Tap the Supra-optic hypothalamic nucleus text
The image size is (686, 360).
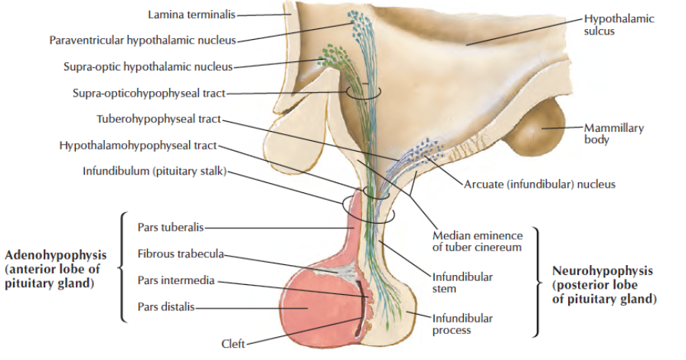(148, 67)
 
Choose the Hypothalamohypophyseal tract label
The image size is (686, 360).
(138, 146)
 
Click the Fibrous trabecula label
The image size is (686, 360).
(181, 254)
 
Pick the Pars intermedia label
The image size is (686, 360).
(175, 280)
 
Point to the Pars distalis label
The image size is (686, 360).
(165, 307)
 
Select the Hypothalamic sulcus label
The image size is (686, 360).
(619, 25)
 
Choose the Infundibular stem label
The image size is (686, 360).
(462, 283)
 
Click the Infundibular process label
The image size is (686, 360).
(462, 324)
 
